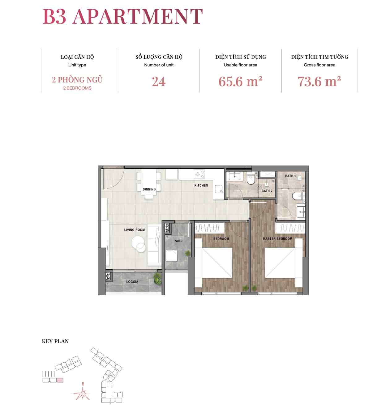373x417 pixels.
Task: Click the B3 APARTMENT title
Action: coord(122,16)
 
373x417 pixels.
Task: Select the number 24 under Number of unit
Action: coord(159,82)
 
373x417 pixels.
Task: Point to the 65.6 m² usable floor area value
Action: coord(240,81)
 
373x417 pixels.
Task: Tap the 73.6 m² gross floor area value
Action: coord(319,81)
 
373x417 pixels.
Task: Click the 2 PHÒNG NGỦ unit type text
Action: coord(77,80)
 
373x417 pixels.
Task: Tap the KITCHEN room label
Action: coord(201,185)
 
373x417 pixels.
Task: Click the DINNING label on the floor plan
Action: coord(149,189)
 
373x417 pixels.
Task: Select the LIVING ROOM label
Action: coord(134,230)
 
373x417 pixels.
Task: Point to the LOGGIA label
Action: coord(132,282)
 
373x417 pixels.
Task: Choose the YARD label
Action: coord(178,241)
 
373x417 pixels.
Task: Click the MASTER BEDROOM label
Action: coord(277,239)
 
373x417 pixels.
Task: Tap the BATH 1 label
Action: coord(290,176)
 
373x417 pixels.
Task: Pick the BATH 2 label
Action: coord(267,191)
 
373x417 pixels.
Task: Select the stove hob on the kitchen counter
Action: coord(199,174)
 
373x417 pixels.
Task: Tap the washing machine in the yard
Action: coord(171,255)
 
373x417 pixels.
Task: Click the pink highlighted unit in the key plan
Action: coord(60,380)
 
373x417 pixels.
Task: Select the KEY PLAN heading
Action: coord(55,341)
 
